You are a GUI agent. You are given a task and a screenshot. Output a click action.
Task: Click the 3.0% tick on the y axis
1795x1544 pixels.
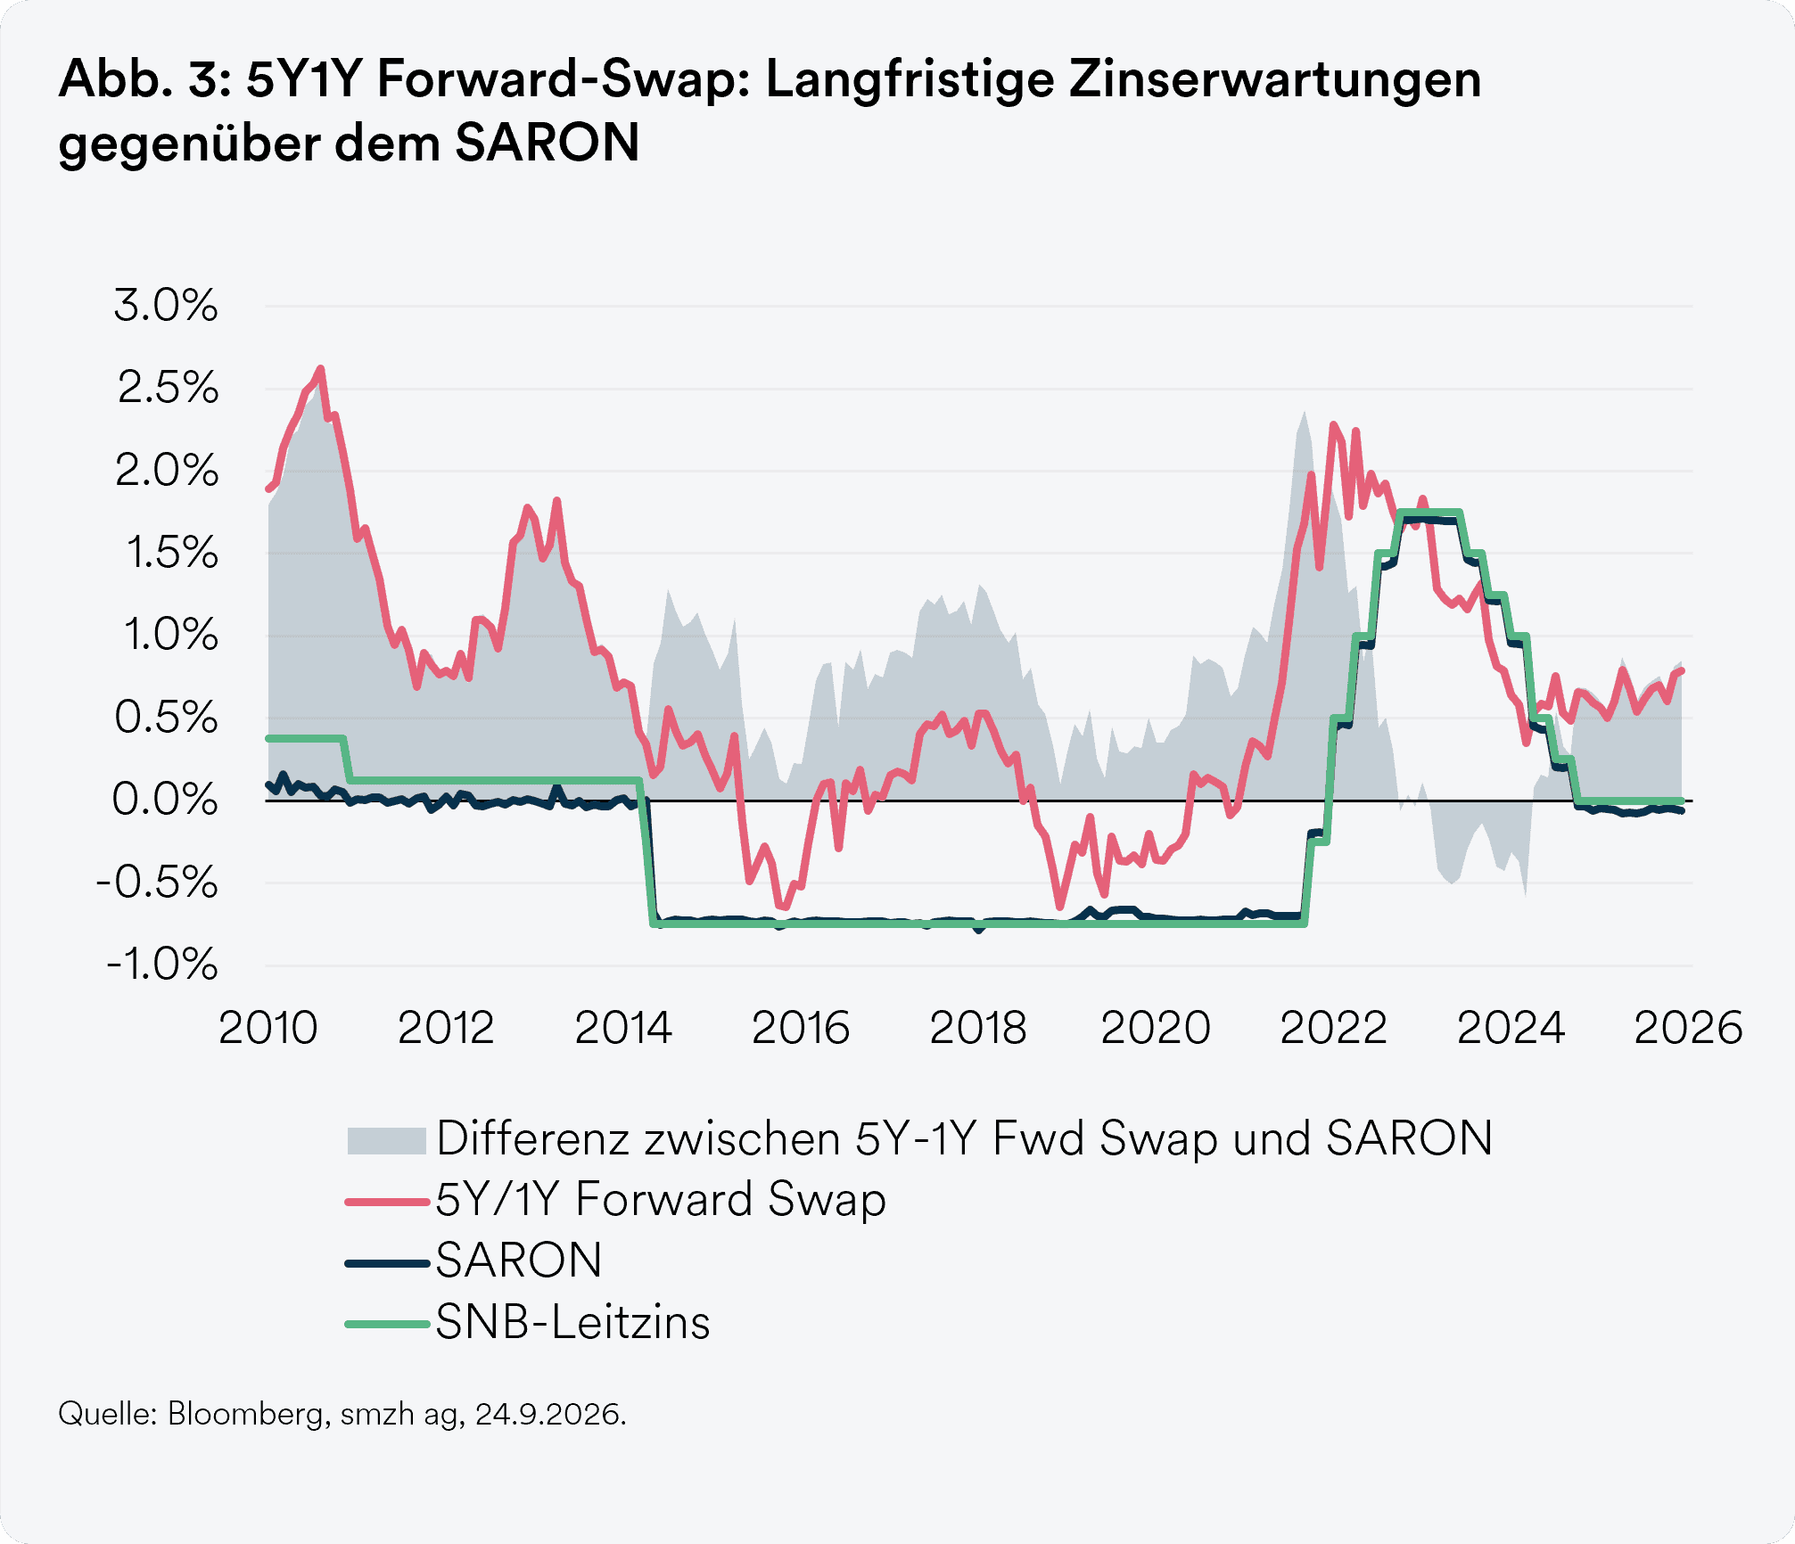click(x=166, y=306)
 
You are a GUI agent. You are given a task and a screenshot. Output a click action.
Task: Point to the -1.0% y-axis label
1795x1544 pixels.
click(x=161, y=965)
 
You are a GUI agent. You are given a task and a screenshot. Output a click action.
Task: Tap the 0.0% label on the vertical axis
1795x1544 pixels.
click(x=165, y=800)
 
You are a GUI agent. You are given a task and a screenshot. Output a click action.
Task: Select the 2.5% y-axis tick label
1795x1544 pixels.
click(x=168, y=388)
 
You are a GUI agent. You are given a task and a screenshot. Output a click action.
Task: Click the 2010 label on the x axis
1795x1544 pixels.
click(x=268, y=1028)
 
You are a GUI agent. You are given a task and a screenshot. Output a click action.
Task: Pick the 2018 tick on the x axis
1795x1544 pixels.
click(x=978, y=1028)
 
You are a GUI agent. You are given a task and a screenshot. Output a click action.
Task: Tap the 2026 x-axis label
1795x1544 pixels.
click(x=1688, y=1028)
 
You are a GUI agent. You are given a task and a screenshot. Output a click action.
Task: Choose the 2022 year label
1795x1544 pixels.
click(x=1333, y=1028)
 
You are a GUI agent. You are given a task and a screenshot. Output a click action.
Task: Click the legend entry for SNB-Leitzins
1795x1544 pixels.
click(x=572, y=1322)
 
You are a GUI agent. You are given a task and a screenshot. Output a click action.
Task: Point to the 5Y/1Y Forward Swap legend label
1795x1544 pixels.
click(x=661, y=1199)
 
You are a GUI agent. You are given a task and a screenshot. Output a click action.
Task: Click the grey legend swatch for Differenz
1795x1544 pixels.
click(x=386, y=1141)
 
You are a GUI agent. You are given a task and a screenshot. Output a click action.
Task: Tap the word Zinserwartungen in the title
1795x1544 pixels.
click(x=1275, y=80)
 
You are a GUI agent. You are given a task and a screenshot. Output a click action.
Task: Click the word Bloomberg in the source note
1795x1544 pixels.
click(x=245, y=1415)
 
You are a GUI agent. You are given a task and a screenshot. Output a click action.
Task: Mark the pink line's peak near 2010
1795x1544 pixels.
click(x=321, y=368)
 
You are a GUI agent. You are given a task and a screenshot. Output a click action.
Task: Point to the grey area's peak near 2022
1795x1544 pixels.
click(x=1304, y=412)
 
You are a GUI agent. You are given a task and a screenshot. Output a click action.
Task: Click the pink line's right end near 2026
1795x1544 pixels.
click(x=1682, y=671)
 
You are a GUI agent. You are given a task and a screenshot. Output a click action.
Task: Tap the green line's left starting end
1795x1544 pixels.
click(x=269, y=738)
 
